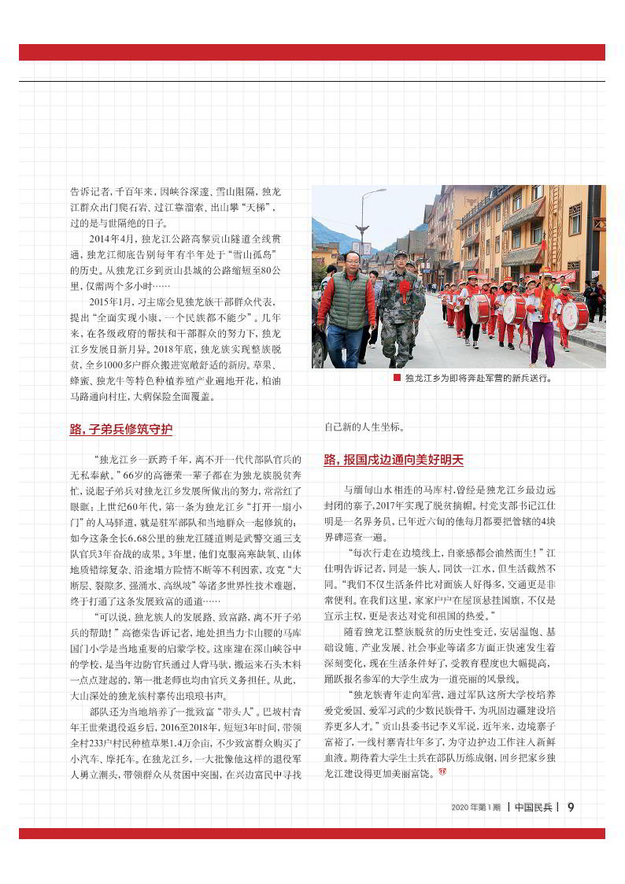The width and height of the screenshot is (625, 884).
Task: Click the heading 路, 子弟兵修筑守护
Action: (x=121, y=429)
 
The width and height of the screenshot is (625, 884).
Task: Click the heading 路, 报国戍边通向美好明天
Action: (x=394, y=459)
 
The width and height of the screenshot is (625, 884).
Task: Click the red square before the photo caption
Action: (x=397, y=377)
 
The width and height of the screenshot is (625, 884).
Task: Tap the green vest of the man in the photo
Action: (x=349, y=299)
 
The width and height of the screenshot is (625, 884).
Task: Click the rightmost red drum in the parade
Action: (x=575, y=315)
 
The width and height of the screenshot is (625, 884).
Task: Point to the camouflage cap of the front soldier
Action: (x=401, y=255)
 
